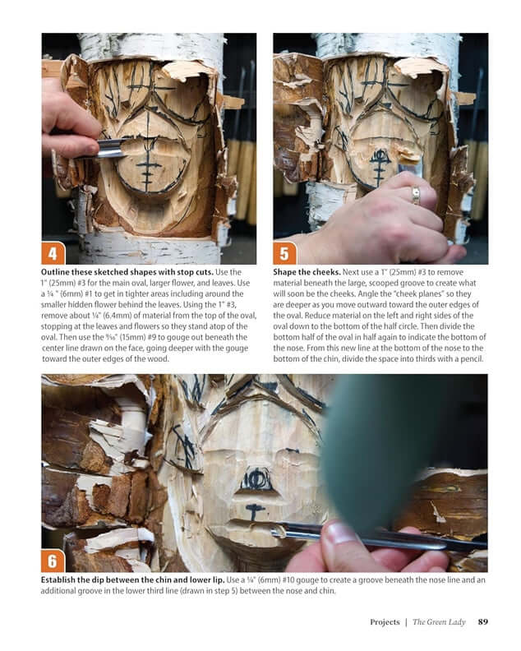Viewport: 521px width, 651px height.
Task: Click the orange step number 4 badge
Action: pos(54,252)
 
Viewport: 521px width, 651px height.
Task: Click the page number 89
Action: pos(483,622)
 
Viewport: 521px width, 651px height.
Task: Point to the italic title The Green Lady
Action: pos(439,622)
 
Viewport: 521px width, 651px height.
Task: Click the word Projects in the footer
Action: pos(384,622)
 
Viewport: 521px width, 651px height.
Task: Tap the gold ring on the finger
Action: pos(416,196)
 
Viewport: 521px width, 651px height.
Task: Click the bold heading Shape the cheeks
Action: pos(307,272)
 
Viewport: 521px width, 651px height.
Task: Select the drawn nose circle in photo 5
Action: pos(380,155)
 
